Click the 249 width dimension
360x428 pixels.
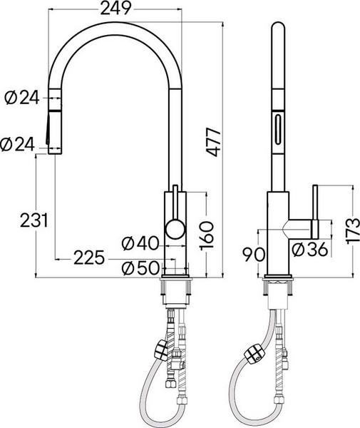coord(114,9)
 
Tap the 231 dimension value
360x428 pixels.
coord(34,220)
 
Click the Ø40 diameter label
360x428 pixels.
coord(139,243)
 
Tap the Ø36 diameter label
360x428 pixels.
coord(308,249)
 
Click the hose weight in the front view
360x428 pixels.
coord(161,351)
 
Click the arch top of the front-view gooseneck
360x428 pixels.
coord(114,30)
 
